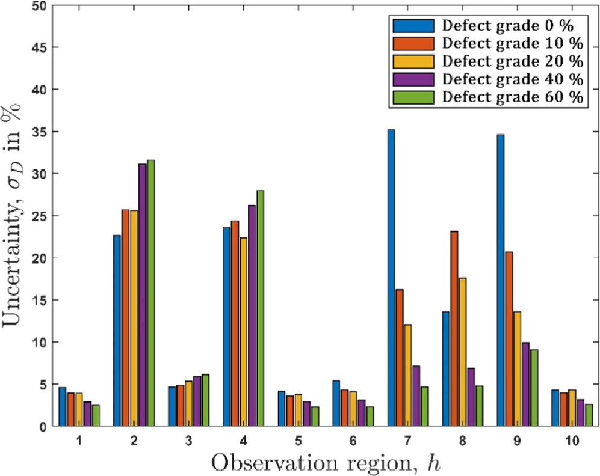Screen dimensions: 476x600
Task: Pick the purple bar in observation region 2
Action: (142, 295)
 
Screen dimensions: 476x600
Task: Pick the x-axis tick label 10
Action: (572, 441)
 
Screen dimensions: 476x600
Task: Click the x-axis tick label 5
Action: (298, 441)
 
